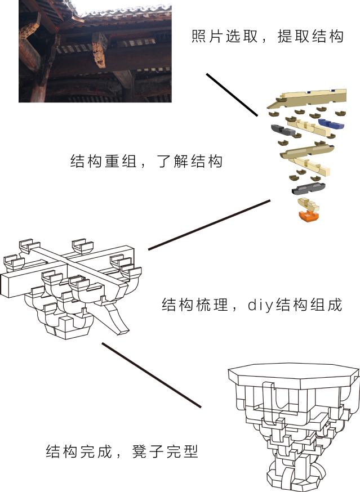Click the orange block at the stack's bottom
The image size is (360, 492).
tap(309, 216)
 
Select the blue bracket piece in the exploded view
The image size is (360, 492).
tap(331, 124)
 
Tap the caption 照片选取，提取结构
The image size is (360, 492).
tap(268, 37)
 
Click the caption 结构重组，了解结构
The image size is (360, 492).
tap(146, 161)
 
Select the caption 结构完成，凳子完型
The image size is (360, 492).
tap(122, 451)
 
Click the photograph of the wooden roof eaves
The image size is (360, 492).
tap(95, 51)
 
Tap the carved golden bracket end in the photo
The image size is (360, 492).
tap(100, 50)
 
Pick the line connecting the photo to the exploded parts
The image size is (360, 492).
tap(232, 95)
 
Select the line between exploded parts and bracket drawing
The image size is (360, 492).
tap(209, 225)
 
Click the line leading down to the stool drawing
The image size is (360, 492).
tap(152, 375)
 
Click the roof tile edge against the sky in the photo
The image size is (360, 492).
tap(126, 12)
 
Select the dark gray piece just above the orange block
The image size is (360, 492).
tap(309, 187)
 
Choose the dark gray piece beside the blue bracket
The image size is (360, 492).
tap(283, 130)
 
